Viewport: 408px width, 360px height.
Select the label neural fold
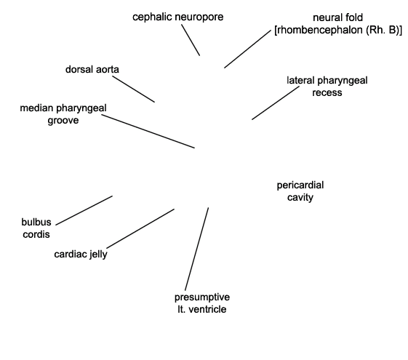pyautogui.click(x=337, y=17)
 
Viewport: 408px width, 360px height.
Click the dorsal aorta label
pyautogui.click(x=92, y=69)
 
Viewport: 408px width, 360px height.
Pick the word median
pyautogui.click(x=36, y=108)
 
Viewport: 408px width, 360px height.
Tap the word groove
pyautogui.click(x=63, y=121)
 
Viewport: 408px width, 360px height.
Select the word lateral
pyautogui.click(x=300, y=81)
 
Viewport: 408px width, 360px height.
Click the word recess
pyautogui.click(x=327, y=93)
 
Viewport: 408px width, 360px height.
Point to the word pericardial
pyautogui.click(x=300, y=185)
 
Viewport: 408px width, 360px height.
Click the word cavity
pyautogui.click(x=300, y=197)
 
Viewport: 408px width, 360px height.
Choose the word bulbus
pyautogui.click(x=36, y=222)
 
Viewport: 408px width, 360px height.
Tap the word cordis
pyautogui.click(x=36, y=234)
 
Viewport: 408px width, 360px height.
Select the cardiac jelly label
pyautogui.click(x=81, y=254)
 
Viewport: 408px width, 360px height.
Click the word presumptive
pyautogui.click(x=202, y=297)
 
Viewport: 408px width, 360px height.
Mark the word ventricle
pyautogui.click(x=207, y=310)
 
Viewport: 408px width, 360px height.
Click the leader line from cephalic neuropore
pyautogui.click(x=191, y=40)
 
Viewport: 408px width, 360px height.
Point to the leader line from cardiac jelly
pyautogui.click(x=140, y=228)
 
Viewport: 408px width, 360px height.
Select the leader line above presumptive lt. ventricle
pyautogui.click(x=196, y=249)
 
